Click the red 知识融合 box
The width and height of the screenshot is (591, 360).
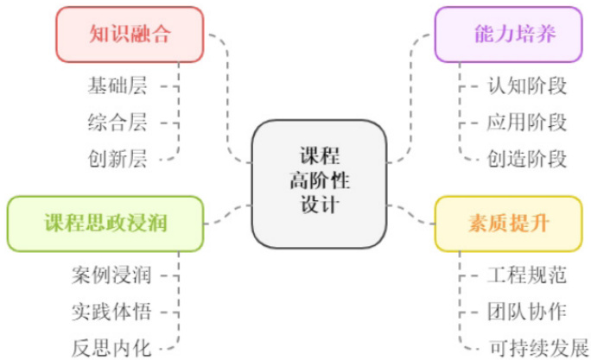point(130,35)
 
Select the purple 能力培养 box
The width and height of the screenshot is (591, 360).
point(515,35)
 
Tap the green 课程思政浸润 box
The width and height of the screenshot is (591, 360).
point(106,224)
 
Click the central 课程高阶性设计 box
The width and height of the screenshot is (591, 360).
point(319,182)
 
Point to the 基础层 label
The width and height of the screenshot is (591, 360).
point(118,85)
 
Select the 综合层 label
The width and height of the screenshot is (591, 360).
point(118,122)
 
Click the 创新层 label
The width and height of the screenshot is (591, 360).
point(118,158)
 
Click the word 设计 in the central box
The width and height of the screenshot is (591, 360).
point(319,207)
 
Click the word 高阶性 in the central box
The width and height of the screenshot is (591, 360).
point(319,182)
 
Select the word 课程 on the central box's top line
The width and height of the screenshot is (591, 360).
point(319,157)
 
